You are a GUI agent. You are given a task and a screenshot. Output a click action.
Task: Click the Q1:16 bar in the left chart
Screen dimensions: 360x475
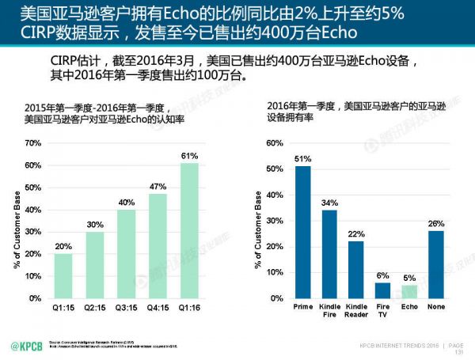click(x=189, y=230)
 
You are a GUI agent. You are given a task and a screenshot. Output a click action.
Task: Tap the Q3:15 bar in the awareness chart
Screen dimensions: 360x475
click(x=126, y=253)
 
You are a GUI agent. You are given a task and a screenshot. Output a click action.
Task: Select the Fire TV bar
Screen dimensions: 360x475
click(x=382, y=290)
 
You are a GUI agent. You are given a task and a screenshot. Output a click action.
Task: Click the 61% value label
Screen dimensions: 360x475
click(x=189, y=156)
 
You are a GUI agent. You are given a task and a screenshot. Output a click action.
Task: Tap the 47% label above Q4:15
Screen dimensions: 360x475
click(x=158, y=187)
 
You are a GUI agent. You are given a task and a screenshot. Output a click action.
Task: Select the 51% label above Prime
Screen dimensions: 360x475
click(x=303, y=159)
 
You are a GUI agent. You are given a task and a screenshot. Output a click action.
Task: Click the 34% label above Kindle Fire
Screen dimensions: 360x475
click(x=329, y=203)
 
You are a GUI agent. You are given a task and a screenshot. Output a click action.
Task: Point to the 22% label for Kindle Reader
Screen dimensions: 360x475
click(x=355, y=234)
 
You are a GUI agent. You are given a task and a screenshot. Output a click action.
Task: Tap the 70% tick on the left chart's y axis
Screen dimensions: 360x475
click(x=32, y=143)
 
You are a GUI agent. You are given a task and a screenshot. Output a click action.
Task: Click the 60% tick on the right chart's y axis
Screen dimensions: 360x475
click(x=272, y=143)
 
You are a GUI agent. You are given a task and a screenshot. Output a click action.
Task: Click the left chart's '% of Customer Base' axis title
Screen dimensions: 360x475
click(x=15, y=222)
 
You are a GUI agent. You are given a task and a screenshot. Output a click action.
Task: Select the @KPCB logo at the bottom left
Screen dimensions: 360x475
click(x=25, y=347)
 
